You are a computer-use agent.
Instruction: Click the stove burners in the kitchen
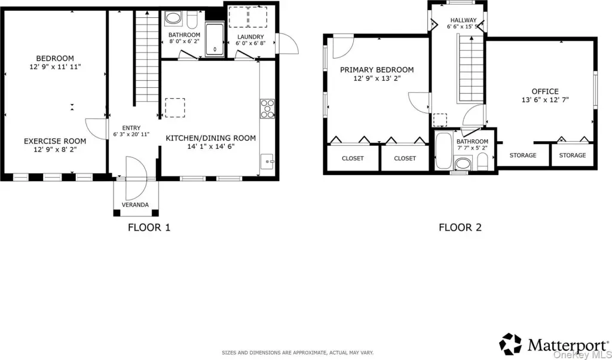(x=267, y=109)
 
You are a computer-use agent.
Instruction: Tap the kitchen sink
(x=268, y=161)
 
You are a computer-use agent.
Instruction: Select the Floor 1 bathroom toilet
(x=192, y=19)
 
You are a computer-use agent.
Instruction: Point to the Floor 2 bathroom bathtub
(x=443, y=150)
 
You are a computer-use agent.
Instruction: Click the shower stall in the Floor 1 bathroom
(x=215, y=39)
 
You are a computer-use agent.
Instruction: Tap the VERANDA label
(x=136, y=205)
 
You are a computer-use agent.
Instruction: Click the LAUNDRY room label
(x=250, y=36)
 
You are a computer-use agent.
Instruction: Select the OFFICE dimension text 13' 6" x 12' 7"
(x=545, y=100)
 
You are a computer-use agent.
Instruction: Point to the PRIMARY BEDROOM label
(x=377, y=70)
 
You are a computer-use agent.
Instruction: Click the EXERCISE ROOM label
(x=55, y=141)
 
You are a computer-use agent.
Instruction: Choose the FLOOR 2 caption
(x=460, y=227)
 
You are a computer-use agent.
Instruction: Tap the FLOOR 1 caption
(x=149, y=227)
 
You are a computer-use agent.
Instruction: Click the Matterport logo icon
(x=511, y=344)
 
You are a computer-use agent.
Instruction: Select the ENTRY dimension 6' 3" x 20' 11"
(x=131, y=135)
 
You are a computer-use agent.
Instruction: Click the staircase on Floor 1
(x=147, y=57)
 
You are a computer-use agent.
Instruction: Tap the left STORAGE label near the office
(x=523, y=155)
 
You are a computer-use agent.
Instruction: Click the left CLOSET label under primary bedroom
(x=353, y=158)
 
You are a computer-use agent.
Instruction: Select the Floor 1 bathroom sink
(x=173, y=18)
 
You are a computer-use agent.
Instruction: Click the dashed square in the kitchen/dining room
(x=175, y=108)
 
